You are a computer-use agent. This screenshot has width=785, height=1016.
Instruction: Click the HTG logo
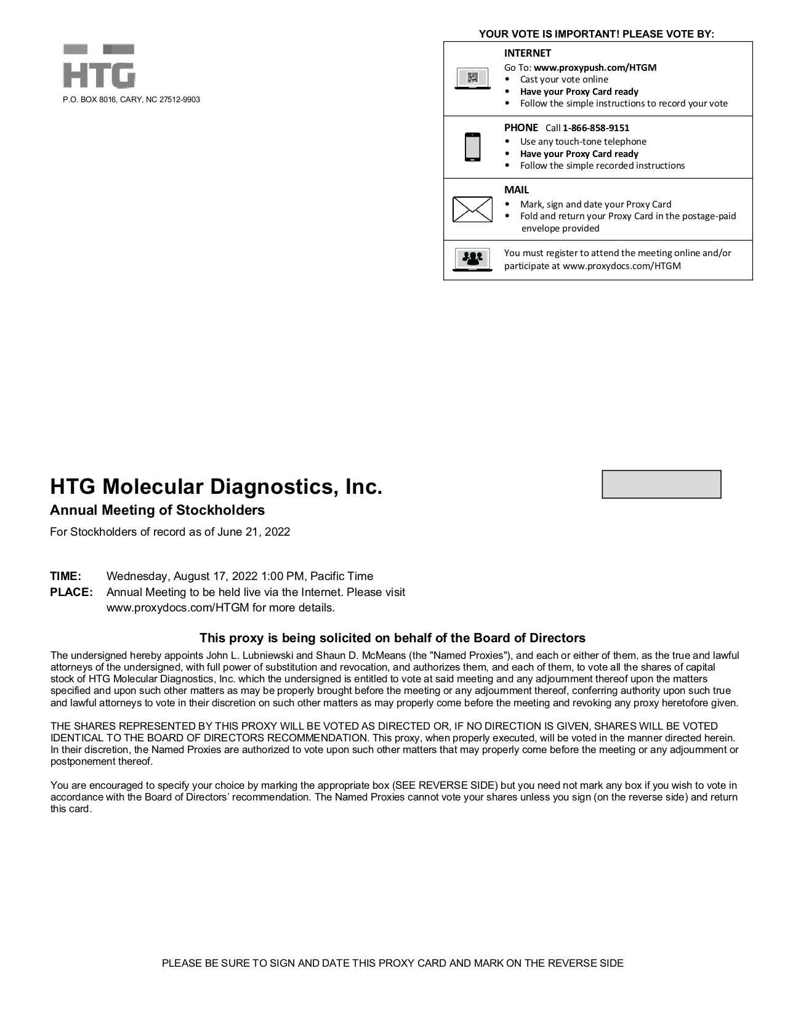tap(99, 67)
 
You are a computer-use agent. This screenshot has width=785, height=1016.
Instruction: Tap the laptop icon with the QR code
tap(472, 79)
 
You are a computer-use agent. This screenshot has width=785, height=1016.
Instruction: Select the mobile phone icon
tap(472, 147)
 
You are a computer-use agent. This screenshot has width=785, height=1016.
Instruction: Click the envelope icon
tap(472, 209)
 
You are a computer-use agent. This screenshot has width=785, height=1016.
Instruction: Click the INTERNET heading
tap(527, 54)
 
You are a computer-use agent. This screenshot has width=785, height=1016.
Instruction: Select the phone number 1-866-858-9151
tap(595, 128)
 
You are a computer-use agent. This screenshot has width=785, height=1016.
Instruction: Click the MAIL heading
tap(516, 190)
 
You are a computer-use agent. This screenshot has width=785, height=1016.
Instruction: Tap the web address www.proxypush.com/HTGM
tap(595, 68)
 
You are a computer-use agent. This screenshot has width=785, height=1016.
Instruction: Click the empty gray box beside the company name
tap(661, 485)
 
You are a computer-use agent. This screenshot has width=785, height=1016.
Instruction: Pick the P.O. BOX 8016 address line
tap(131, 100)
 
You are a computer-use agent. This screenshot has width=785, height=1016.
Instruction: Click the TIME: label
tap(65, 576)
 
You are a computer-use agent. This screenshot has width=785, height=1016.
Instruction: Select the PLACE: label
tap(71, 592)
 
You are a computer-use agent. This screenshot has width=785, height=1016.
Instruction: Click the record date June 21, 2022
tap(253, 532)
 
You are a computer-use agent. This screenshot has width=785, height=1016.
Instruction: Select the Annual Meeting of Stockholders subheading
tap(157, 510)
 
